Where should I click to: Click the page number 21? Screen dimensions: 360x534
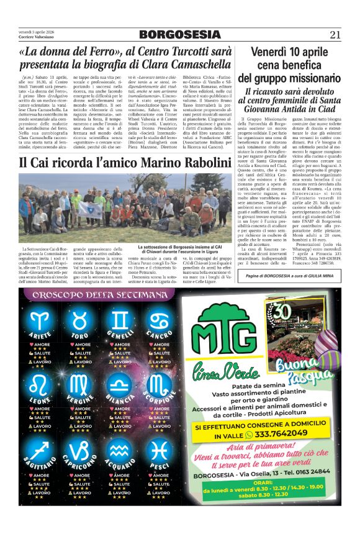tap(335, 35)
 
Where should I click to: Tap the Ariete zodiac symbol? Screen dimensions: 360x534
tap(42, 320)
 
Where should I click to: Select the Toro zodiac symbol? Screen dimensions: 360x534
tap(81, 320)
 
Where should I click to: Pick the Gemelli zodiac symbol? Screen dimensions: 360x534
tap(120, 320)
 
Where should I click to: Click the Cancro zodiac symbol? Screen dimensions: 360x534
tap(160, 320)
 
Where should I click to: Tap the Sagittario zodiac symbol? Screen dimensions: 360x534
tap(42, 450)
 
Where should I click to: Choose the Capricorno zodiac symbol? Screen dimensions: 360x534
tap(81, 450)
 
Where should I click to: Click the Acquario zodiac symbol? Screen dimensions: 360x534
tap(120, 450)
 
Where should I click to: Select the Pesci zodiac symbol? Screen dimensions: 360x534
tap(160, 450)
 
